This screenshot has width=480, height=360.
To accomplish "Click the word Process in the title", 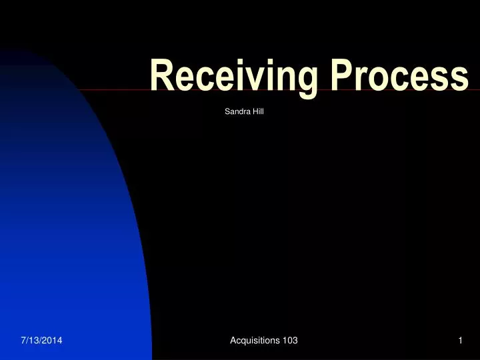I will click(397, 74).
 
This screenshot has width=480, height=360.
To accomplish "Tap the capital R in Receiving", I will click(161, 74).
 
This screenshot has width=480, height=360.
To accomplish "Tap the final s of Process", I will click(459, 77).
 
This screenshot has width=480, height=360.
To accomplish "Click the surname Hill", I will click(258, 111).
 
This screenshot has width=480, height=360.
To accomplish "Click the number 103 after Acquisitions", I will click(290, 341).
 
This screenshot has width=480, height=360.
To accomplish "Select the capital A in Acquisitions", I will click(233, 341).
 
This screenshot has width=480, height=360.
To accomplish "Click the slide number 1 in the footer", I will click(460, 341).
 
